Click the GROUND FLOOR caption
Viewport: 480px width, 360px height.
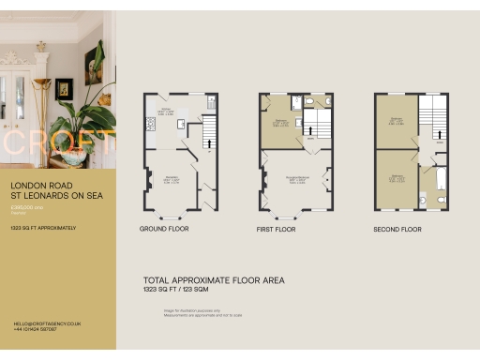point(164,229)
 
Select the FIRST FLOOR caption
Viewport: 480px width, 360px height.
point(276,229)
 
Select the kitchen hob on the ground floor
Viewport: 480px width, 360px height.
point(147,124)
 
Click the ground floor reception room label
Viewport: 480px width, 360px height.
point(172,178)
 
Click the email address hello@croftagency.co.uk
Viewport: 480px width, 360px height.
point(47,322)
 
